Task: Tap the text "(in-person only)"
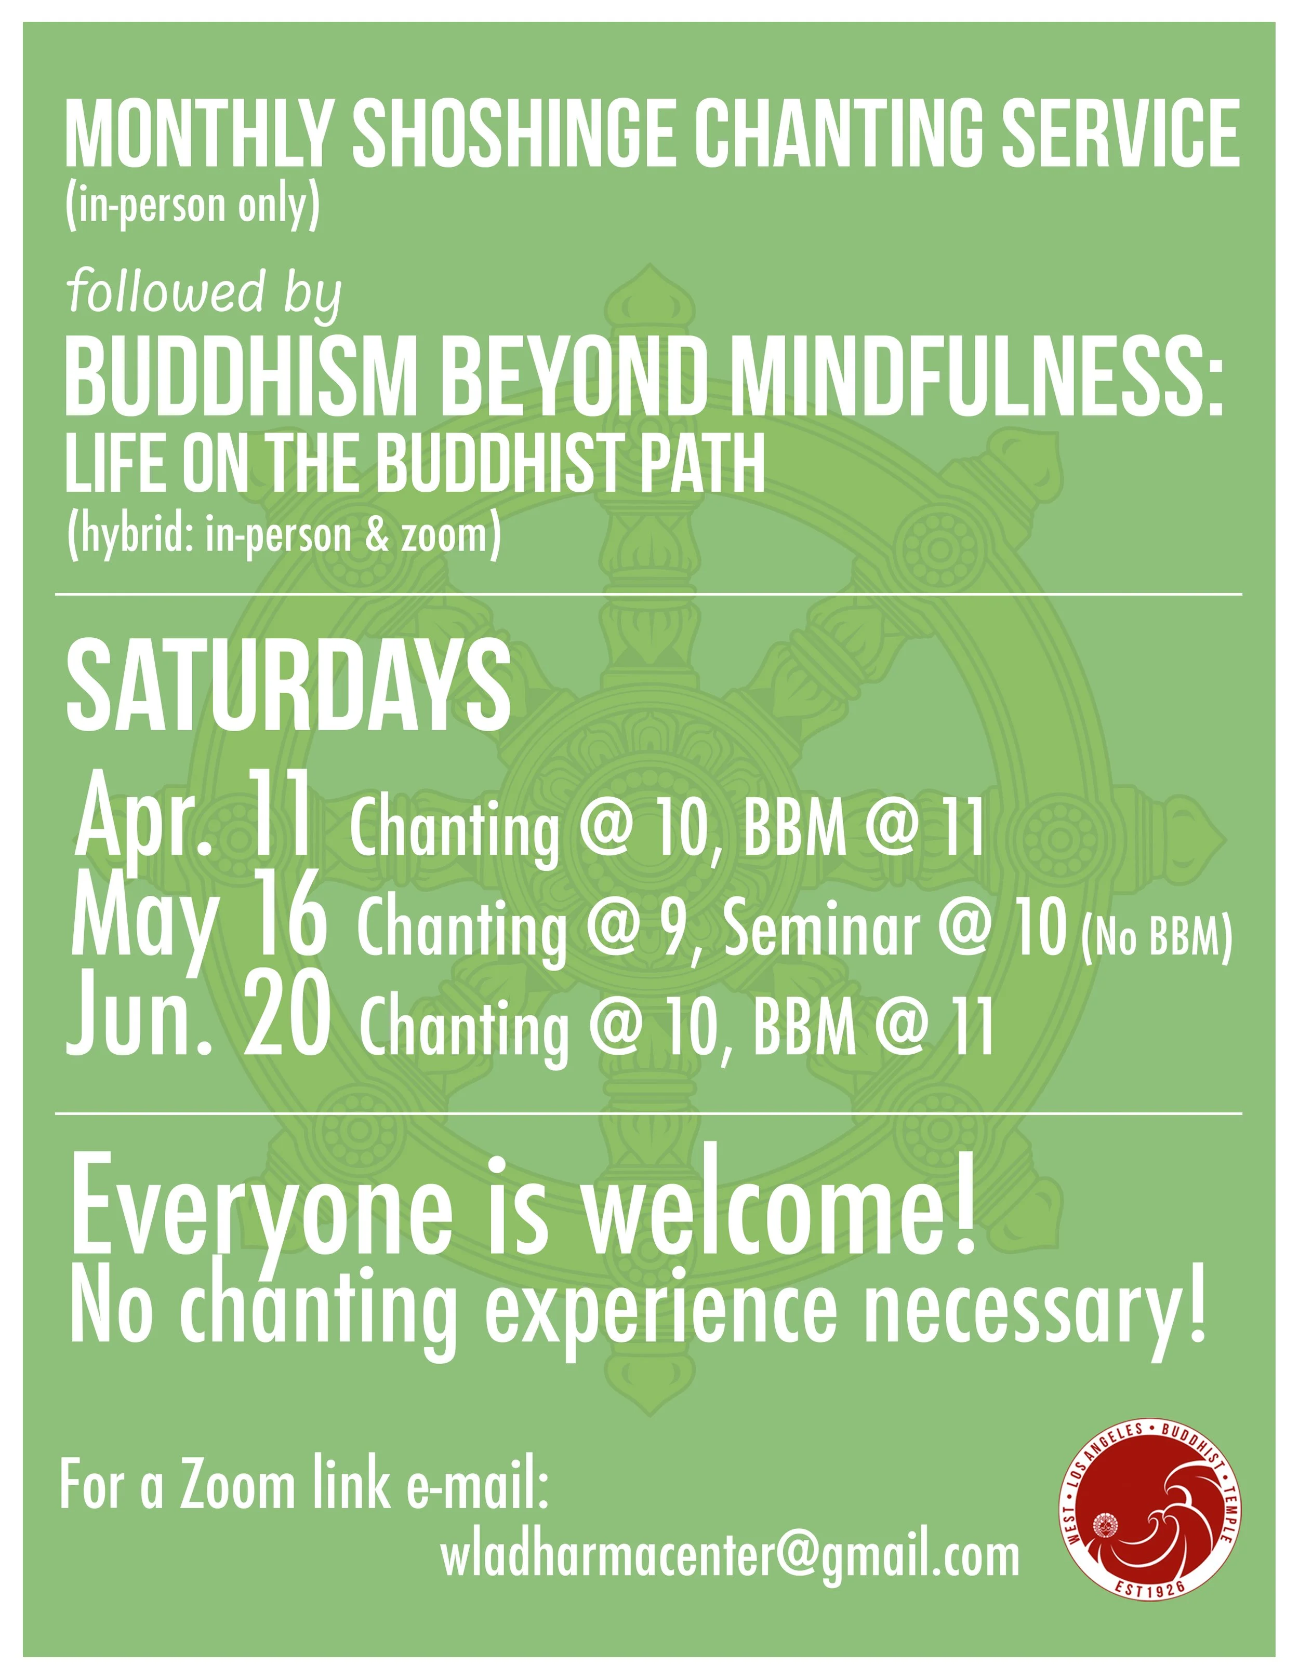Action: [192, 205]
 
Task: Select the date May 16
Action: [198, 921]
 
